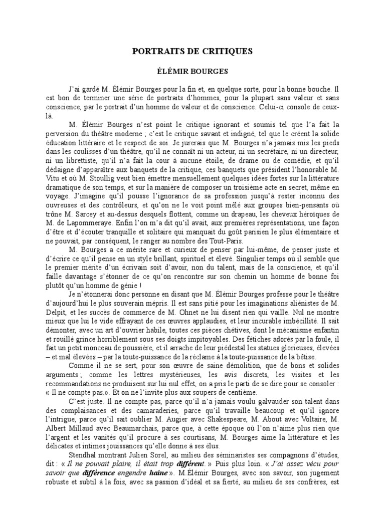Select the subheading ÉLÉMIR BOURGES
click(x=193, y=72)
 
